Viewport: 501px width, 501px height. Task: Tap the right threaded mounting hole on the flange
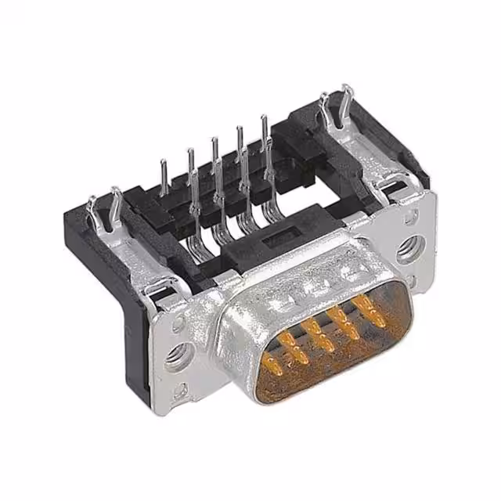(409, 250)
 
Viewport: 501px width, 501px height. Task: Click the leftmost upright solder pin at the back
(164, 176)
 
